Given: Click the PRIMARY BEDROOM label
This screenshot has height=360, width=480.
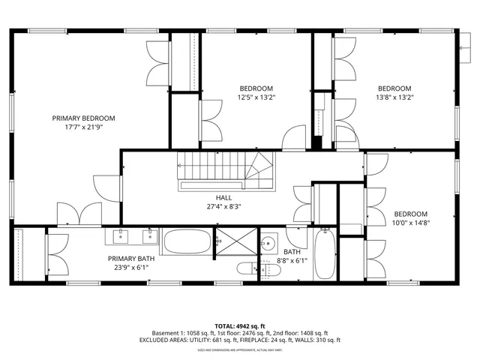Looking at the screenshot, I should coord(83,118).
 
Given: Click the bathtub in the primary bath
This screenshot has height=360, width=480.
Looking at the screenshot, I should coord(186,241).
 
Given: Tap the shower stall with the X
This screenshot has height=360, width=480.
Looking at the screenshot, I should coord(234,244).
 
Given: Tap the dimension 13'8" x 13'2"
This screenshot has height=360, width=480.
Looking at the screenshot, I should coord(394,97).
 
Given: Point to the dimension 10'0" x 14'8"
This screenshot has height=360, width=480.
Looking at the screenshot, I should coord(411,222).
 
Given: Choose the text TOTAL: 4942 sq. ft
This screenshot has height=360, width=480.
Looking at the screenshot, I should coord(240,326).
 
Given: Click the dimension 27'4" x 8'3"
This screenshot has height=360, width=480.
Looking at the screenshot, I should coord(223,206).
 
